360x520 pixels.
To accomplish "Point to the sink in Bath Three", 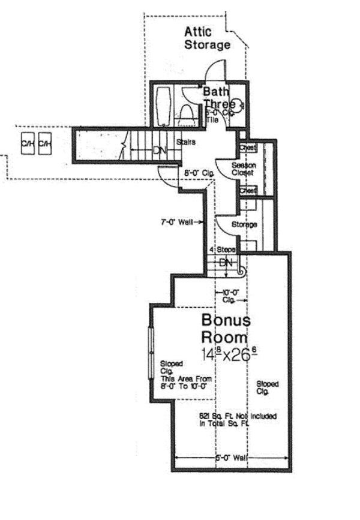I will tap(238, 106).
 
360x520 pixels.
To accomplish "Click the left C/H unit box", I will tap(28, 145).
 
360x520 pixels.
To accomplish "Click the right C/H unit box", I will tap(44, 145).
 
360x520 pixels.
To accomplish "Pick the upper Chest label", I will tap(248, 148).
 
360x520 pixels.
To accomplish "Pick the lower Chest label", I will tap(248, 190).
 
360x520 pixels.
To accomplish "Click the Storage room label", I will tap(244, 224).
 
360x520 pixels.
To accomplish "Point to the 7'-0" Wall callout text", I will tap(178, 223).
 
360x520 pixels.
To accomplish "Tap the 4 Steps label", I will tap(221, 249).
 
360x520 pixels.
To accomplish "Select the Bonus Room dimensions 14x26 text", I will tap(230, 353).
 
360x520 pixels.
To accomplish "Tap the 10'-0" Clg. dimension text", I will tap(229, 294).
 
